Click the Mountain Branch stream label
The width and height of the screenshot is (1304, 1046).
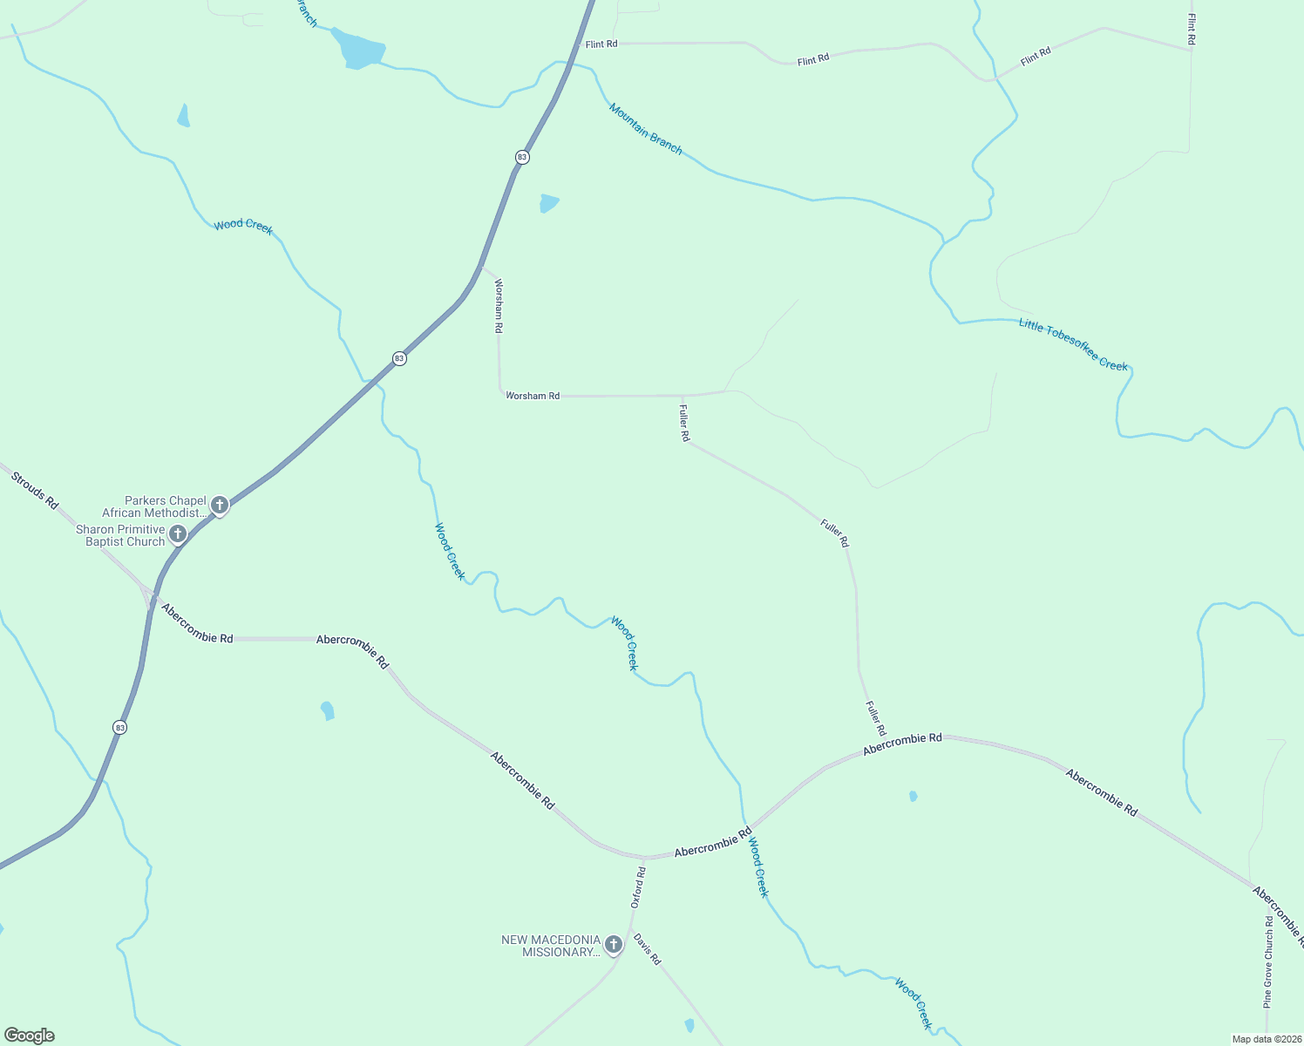pos(645,128)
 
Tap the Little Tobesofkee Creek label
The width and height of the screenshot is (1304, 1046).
pos(1073,344)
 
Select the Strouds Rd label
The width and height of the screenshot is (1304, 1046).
pos(35,492)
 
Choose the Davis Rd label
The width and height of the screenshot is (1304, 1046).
pos(648,949)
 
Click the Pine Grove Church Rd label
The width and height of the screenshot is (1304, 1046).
pos(1268,961)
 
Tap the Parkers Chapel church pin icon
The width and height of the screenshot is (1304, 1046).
pos(220,505)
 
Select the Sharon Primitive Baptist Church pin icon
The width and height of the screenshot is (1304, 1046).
pos(178,533)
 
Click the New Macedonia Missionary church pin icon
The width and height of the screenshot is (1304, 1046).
pos(614,944)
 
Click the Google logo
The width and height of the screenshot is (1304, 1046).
pos(29,1036)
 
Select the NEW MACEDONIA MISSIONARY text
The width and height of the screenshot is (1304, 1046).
pos(551,946)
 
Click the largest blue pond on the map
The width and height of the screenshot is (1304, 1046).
pos(359,48)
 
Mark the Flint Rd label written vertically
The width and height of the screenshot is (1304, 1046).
pos(1191,29)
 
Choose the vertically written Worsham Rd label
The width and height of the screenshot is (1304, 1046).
pos(499,306)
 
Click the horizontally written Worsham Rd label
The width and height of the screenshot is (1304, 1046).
pos(533,396)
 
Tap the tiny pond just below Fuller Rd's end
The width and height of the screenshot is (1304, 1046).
pos(913,796)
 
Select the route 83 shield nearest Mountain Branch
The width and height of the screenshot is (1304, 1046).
pos(522,157)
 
